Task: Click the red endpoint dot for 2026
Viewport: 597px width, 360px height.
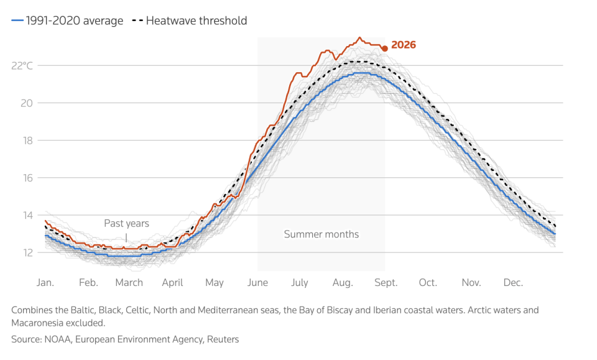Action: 385,48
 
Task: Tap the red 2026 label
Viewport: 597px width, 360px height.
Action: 404,45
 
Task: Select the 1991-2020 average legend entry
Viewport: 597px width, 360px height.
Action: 67,21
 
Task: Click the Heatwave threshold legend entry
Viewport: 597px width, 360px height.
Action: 190,21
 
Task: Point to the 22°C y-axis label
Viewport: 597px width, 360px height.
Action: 22,66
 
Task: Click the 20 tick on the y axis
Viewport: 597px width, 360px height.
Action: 27,103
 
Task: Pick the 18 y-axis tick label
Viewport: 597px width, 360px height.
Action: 27,141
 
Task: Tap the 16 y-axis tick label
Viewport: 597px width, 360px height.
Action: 27,178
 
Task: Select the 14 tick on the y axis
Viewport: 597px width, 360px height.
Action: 27,215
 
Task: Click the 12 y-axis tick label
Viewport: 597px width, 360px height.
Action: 27,252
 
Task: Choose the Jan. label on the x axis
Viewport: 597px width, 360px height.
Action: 45,283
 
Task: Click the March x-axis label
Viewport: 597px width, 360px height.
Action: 129,283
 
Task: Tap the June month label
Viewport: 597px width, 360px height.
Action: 257,283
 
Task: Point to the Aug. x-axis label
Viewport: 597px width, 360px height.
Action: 343,283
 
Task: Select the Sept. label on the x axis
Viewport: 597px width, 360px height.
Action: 386,283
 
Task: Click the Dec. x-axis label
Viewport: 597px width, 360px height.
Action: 513,283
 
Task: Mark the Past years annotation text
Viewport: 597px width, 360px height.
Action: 127,223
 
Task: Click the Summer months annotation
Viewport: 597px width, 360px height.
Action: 322,234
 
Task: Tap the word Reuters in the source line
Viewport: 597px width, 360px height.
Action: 223,339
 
